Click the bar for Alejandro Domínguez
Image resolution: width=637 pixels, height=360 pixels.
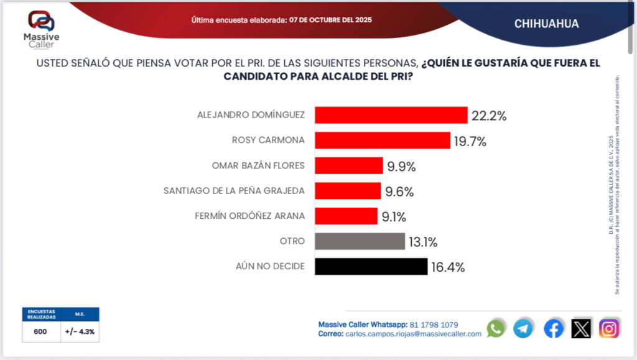click(391, 115)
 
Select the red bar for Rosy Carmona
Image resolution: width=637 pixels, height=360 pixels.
click(382, 141)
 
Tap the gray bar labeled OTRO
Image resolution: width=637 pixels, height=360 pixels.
click(360, 241)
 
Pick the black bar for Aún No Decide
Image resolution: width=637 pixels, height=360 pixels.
click(371, 267)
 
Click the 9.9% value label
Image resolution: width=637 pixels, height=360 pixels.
click(401, 166)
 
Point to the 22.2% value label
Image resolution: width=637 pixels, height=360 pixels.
click(488, 116)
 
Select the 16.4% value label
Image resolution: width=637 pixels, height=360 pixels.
click(447, 267)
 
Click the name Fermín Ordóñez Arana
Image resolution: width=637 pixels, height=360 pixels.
click(259, 216)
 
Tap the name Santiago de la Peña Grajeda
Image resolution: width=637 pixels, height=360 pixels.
click(234, 191)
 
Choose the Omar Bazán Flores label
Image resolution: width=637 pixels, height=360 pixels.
click(258, 165)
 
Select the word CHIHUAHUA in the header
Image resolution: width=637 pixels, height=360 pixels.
click(546, 24)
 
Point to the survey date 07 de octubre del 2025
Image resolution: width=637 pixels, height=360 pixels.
click(330, 20)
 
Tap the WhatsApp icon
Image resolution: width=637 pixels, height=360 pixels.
click(496, 328)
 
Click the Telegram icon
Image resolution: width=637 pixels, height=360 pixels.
click(523, 328)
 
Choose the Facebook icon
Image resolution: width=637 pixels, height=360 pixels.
click(553, 328)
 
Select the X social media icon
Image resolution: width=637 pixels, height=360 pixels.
click(581, 328)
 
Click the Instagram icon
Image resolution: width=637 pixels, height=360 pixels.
click(609, 328)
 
